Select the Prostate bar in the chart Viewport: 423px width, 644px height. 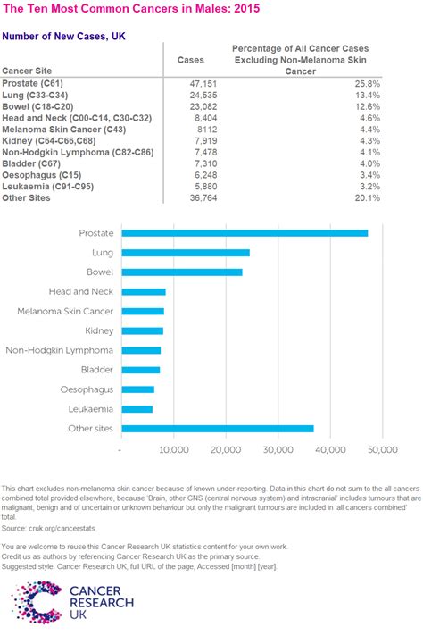tap(245, 233)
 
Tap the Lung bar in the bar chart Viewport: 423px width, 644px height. tap(186, 253)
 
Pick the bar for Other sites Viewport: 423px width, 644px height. tap(218, 429)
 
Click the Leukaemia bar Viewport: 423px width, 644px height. tap(137, 409)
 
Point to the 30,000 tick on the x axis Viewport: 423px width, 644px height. tap(278, 451)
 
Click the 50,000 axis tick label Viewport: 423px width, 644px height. tap(382, 451)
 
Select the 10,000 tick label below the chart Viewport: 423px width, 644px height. tap(173, 451)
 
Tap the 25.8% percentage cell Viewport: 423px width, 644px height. tap(368, 82)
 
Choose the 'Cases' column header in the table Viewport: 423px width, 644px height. tap(191, 61)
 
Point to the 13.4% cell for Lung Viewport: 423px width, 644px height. tap(368, 94)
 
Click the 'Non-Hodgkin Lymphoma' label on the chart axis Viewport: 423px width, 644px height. tap(60, 350)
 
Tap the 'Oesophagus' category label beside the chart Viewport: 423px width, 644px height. tap(87, 389)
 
